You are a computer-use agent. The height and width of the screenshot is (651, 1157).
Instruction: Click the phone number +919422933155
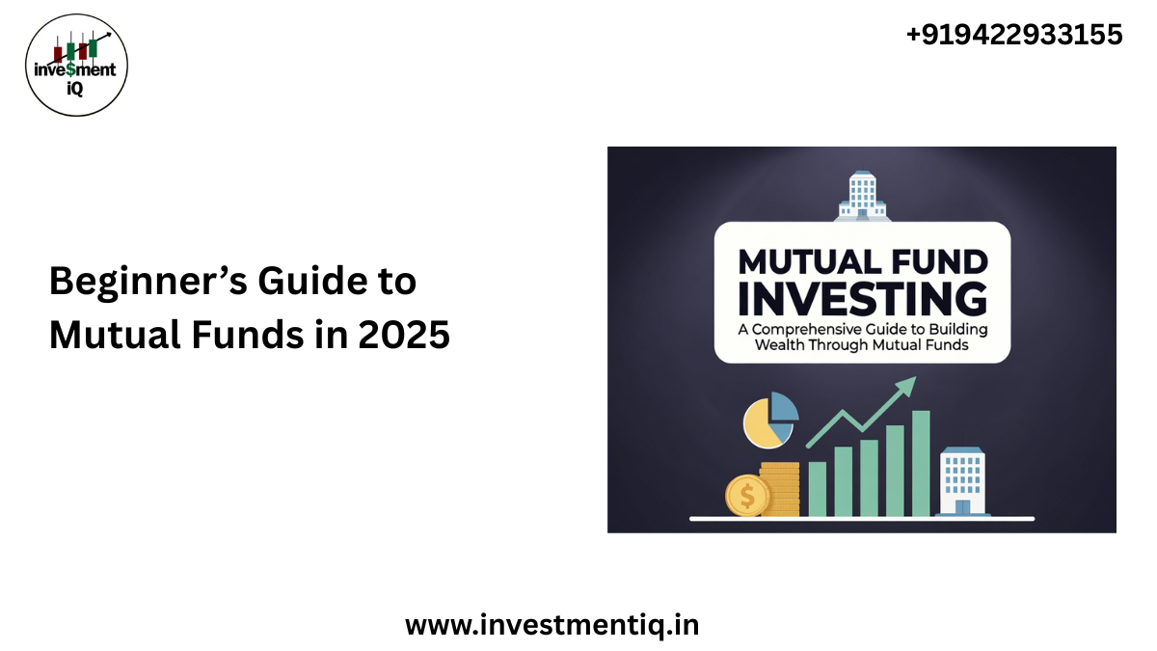[1013, 36]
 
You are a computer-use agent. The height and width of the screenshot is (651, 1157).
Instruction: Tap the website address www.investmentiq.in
[552, 625]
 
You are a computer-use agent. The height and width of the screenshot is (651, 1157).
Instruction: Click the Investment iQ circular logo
[76, 66]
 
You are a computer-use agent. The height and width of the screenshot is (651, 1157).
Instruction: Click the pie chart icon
[770, 420]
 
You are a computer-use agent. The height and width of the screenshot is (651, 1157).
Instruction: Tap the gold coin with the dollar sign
[747, 496]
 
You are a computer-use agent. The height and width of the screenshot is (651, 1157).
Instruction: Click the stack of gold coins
[780, 487]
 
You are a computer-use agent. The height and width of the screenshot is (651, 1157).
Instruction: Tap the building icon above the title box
[861, 196]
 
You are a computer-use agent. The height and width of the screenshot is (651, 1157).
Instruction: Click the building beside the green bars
[961, 480]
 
